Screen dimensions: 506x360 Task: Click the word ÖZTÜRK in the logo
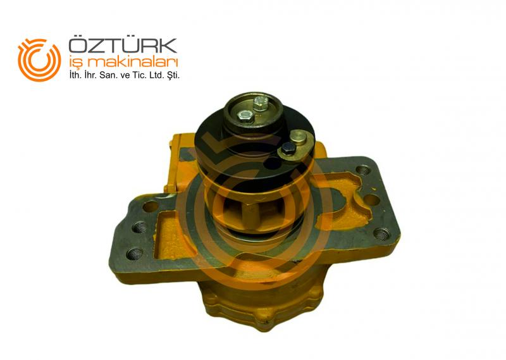pos(123,46)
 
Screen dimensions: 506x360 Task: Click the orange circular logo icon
pos(39,59)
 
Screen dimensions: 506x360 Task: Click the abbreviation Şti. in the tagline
pos(172,76)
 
